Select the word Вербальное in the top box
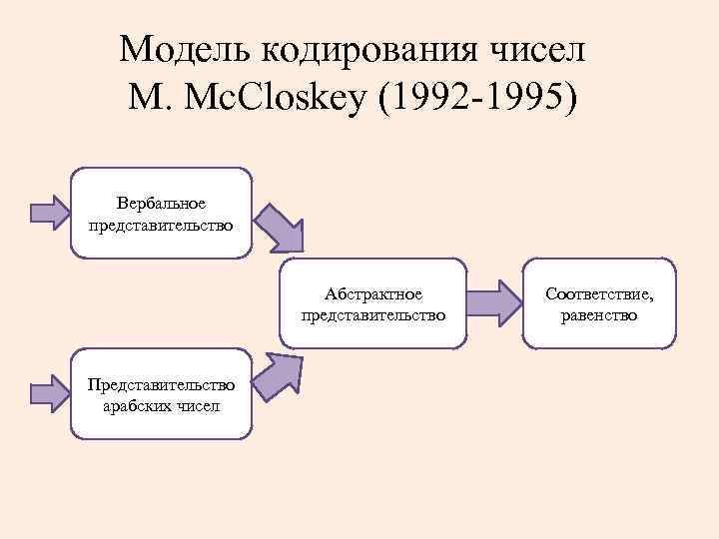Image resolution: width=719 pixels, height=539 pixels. tap(161, 204)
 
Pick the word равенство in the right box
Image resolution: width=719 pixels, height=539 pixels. tap(599, 315)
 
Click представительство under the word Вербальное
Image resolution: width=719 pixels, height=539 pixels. tap(161, 225)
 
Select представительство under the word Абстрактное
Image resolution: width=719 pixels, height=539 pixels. tap(373, 315)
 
